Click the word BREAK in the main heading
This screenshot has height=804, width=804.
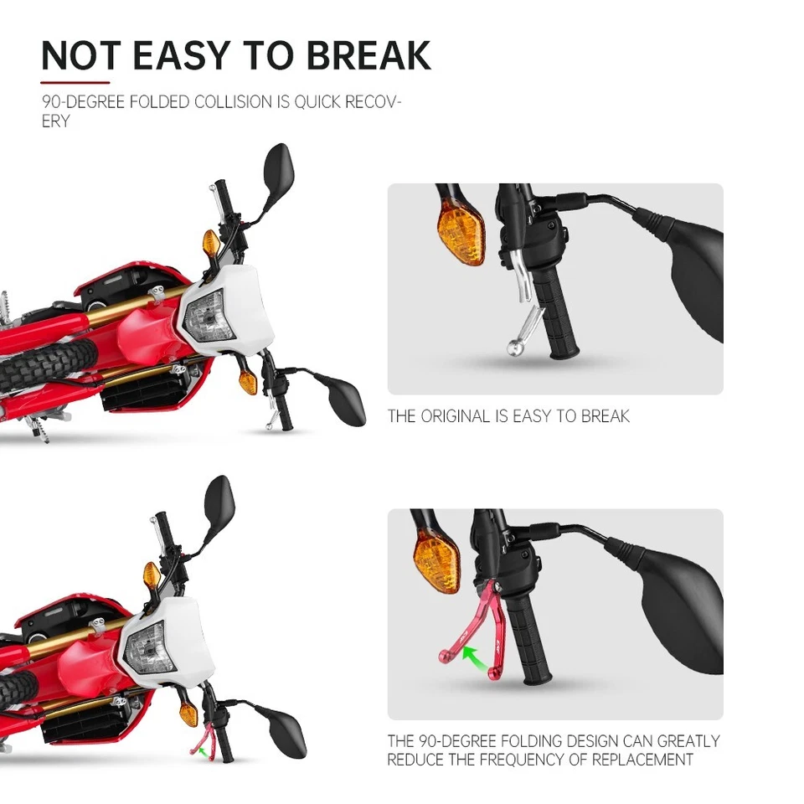368,55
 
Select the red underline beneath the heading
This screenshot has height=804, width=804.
75,83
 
